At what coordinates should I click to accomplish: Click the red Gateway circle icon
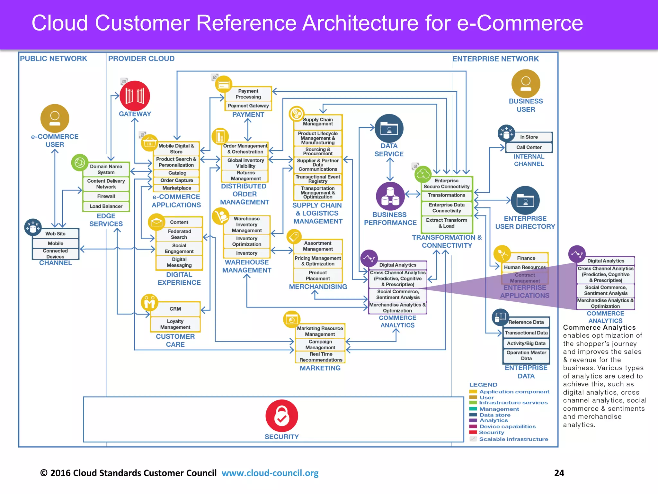click(135, 96)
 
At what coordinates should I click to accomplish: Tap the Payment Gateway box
click(248, 106)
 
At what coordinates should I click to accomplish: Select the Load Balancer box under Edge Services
click(106, 206)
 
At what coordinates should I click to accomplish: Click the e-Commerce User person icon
click(55, 118)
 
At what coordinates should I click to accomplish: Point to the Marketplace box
click(176, 188)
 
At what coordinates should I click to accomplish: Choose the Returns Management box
click(245, 176)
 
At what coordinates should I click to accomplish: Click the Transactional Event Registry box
click(318, 179)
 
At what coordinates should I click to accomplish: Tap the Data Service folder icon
click(389, 128)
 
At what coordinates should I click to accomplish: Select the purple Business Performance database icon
click(390, 196)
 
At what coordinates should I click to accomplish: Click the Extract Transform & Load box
click(447, 223)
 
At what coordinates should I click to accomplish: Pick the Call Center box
click(529, 147)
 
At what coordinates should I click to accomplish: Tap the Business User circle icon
click(526, 83)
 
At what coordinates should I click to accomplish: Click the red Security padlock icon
click(281, 416)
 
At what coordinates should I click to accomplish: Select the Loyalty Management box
click(175, 324)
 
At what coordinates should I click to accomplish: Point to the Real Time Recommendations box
click(321, 357)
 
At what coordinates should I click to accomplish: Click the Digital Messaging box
click(179, 262)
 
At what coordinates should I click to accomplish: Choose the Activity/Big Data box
click(526, 343)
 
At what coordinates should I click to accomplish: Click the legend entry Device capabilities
click(507, 426)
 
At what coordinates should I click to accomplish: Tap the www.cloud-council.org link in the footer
click(270, 473)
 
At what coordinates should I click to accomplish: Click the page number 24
click(559, 473)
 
